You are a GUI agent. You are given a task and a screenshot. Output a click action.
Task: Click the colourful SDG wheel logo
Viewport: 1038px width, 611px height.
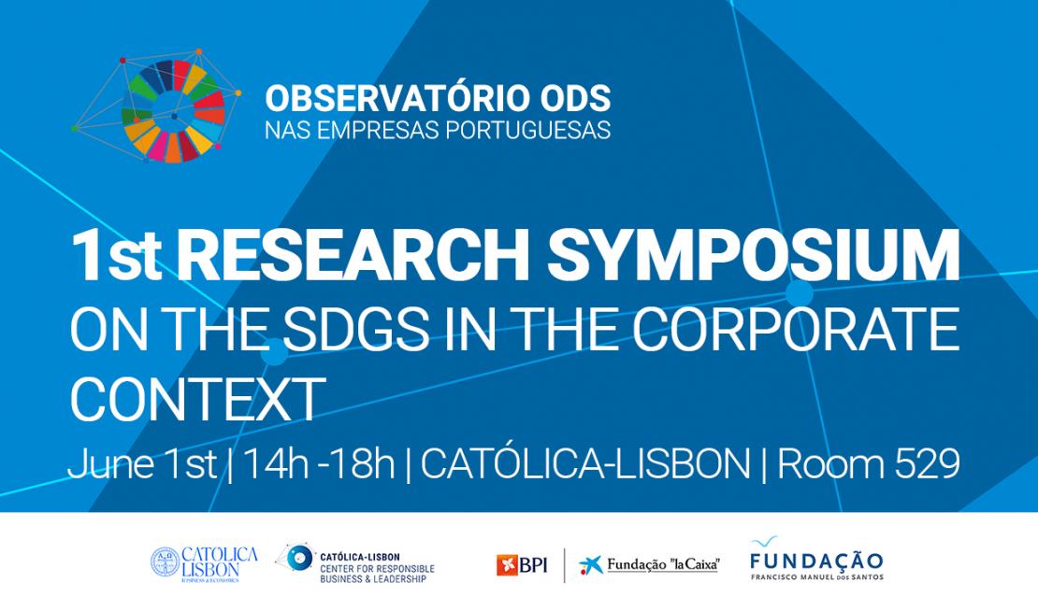(x=173, y=111)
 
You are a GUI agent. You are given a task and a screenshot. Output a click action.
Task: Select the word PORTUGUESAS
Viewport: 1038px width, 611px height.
(x=527, y=130)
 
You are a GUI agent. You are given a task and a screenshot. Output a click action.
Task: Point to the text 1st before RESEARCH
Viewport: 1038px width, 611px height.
(x=116, y=256)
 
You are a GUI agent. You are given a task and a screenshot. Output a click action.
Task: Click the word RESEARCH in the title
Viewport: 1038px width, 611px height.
(x=353, y=255)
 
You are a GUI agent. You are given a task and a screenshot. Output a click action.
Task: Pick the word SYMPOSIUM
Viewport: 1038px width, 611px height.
(x=754, y=255)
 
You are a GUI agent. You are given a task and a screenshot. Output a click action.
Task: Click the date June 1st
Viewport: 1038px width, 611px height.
(x=142, y=464)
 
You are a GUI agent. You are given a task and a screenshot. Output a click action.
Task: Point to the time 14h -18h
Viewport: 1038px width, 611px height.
(x=319, y=464)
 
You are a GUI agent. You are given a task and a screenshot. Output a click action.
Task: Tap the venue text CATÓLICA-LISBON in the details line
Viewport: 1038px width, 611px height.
(x=585, y=464)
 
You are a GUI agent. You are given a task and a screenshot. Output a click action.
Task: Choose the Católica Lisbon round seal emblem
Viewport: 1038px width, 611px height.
(x=165, y=562)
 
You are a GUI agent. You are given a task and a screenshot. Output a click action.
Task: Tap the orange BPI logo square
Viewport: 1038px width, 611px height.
(x=507, y=565)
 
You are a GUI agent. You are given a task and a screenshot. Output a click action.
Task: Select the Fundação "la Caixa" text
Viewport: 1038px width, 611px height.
(x=663, y=565)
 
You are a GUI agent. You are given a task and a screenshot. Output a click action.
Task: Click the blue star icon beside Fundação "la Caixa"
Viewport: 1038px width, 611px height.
(x=591, y=565)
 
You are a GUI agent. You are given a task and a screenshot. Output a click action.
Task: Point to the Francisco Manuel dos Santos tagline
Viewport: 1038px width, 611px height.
(x=816, y=576)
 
